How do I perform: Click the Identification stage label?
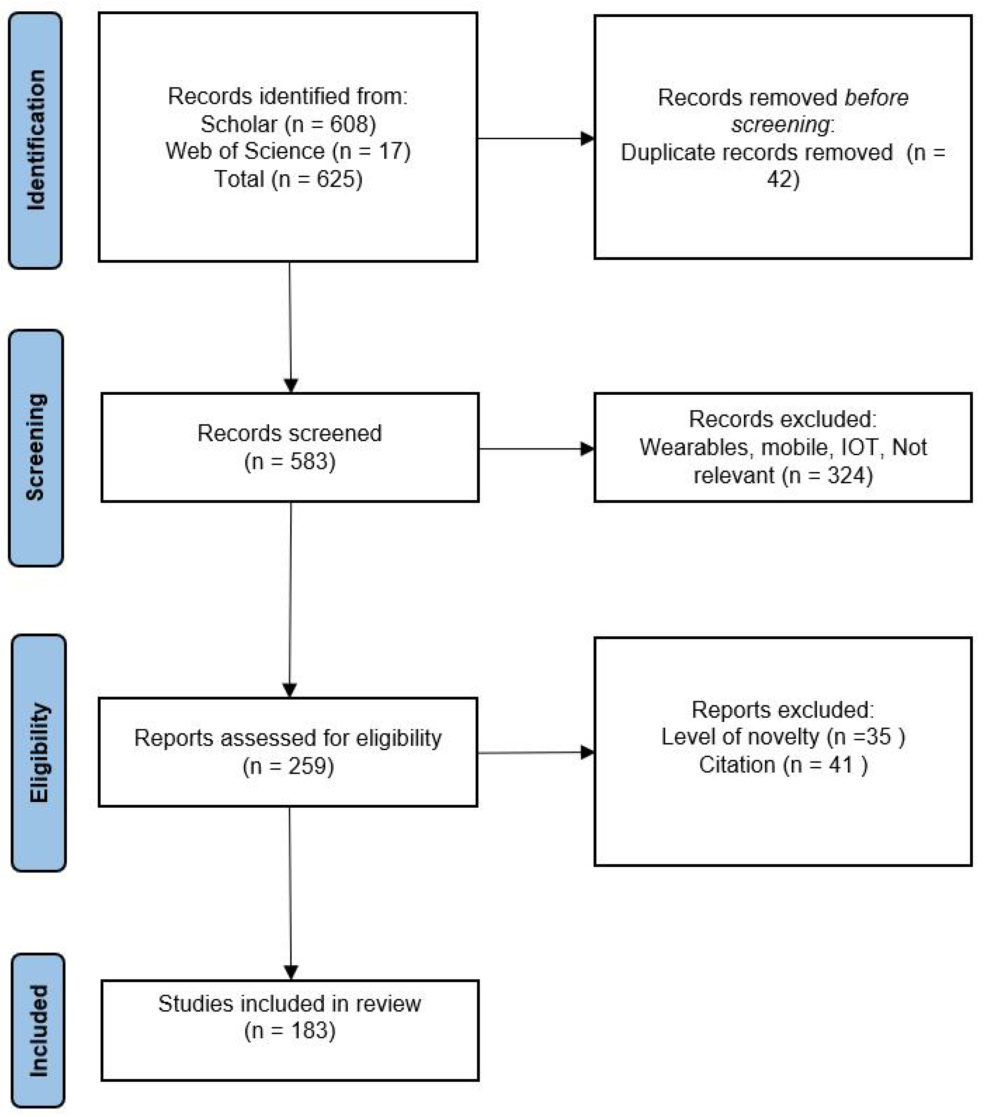click(36, 140)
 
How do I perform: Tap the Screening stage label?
click(36, 447)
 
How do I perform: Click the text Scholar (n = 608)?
click(288, 124)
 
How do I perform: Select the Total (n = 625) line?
click(288, 179)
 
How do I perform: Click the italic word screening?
click(780, 124)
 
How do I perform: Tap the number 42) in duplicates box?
click(783, 179)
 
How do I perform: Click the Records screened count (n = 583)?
click(289, 462)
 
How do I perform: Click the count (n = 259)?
click(288, 766)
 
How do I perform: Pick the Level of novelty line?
click(783, 737)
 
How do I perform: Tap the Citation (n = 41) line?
click(783, 765)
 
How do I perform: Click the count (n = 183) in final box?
click(289, 1031)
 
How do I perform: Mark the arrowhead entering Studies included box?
click(291, 972)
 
